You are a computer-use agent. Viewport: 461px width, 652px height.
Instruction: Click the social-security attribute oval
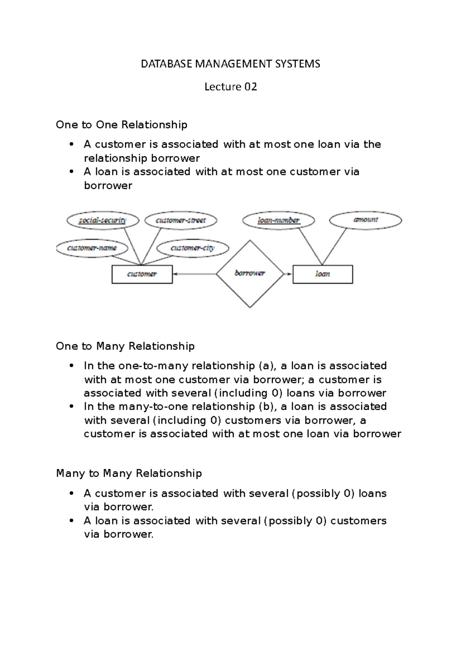103,220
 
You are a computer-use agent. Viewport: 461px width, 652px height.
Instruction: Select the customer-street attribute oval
181,220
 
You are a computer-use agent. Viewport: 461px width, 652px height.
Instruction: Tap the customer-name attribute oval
91,248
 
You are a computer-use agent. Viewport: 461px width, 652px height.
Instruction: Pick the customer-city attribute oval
192,248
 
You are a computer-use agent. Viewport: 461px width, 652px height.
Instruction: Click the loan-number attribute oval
279,220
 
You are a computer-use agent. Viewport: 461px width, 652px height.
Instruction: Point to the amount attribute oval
365,220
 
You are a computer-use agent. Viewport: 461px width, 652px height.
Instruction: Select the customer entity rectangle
142,274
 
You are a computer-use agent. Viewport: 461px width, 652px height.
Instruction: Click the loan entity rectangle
322,274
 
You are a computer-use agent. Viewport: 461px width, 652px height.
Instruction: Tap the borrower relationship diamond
250,274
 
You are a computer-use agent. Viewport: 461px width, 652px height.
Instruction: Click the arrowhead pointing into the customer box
175,274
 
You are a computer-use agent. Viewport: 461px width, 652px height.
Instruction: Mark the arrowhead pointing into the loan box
290,274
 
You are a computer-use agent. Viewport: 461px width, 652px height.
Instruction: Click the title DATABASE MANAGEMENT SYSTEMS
230,64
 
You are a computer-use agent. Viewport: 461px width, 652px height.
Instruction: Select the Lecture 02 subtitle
230,87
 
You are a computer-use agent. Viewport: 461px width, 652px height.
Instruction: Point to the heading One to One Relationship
121,125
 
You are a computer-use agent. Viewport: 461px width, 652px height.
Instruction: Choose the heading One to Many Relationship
125,346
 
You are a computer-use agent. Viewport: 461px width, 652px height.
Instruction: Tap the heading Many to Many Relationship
129,473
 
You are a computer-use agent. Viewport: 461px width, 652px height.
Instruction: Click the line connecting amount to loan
334,246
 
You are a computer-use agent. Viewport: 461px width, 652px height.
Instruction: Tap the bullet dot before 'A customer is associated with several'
71,493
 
